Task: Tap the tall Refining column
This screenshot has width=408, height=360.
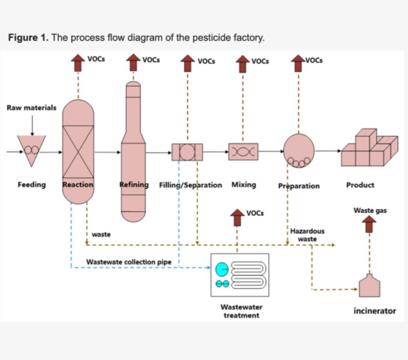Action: (x=133, y=155)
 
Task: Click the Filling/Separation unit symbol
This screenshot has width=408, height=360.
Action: (x=187, y=152)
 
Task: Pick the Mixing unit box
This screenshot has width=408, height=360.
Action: (x=243, y=151)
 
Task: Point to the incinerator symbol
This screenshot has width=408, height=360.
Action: (x=369, y=286)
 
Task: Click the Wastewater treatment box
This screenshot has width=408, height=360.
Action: (x=239, y=275)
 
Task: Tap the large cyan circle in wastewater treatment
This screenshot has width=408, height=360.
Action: (x=222, y=269)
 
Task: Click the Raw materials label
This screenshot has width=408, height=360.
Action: (x=31, y=108)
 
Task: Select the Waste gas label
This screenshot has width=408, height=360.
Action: (x=370, y=211)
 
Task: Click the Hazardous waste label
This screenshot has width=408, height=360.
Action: (x=307, y=235)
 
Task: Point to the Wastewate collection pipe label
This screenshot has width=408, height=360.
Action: (x=129, y=262)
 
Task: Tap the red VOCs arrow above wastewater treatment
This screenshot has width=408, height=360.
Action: (x=237, y=218)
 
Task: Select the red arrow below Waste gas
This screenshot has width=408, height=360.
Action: (x=370, y=224)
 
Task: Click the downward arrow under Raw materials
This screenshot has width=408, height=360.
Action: (x=32, y=124)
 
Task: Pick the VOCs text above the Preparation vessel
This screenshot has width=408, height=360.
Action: (x=314, y=60)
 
